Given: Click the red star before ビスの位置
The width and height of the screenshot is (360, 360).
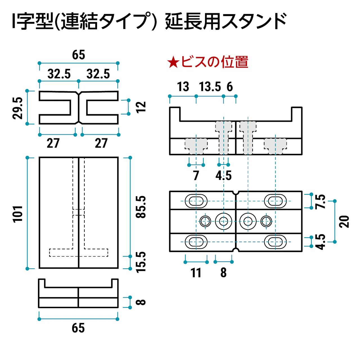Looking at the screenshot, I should click(173, 62).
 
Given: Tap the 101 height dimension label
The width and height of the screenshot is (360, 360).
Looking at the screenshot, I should click(18, 214).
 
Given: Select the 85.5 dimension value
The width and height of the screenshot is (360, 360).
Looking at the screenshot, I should click(141, 207).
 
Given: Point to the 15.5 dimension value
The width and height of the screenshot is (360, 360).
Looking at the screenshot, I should click(141, 262).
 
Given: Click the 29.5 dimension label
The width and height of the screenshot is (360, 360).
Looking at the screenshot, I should click(18, 108).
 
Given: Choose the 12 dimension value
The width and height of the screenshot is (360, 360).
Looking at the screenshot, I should click(141, 107).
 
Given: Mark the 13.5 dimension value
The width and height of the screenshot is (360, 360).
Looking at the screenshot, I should click(210, 87).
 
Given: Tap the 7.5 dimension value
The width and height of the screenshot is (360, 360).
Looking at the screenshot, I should click(320, 201).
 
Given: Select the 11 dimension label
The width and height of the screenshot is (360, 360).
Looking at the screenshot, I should click(196, 273).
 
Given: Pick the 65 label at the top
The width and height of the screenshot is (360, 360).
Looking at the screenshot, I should click(78, 55).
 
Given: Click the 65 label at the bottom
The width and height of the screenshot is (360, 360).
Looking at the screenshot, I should click(78, 328).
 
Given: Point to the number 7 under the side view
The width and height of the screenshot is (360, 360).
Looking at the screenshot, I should click(196, 176).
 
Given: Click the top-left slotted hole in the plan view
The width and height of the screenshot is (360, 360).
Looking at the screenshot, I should click(196, 201).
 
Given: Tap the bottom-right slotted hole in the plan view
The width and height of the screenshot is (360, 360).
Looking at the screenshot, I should click(275, 242).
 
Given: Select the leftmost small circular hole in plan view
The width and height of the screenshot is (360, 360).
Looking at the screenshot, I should click(205, 221).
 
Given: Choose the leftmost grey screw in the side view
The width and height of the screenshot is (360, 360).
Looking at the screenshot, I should click(196, 146).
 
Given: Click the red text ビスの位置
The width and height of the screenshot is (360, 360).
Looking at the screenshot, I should click(214, 62).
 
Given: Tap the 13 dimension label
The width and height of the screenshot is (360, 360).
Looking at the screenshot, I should click(183, 87).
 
